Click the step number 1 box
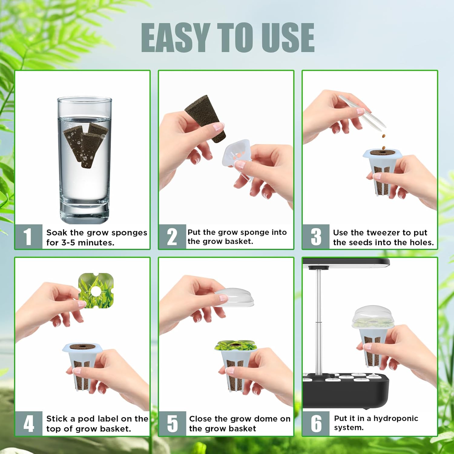[28, 236]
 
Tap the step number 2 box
[172, 236]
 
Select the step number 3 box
[316, 236]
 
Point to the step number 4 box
[28, 423]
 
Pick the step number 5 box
[172, 423]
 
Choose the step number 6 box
[316, 423]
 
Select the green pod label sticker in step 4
[96, 291]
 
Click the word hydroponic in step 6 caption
[396, 419]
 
